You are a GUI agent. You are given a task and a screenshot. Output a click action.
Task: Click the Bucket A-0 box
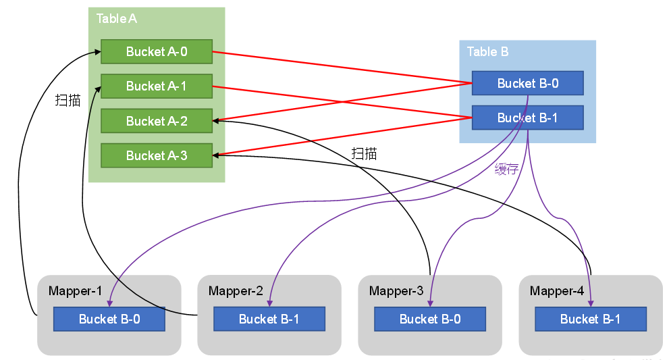pyautogui.click(x=157, y=51)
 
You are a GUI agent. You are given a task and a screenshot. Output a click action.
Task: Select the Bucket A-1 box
pyautogui.click(x=157, y=86)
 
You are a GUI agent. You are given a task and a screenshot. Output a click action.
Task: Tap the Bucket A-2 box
pyautogui.click(x=157, y=121)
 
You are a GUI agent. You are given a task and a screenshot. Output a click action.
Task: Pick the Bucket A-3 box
pyautogui.click(x=157, y=155)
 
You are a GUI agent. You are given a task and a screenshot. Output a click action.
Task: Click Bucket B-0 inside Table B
pyautogui.click(x=527, y=83)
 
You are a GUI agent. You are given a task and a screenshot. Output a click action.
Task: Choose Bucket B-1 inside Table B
pyautogui.click(x=527, y=118)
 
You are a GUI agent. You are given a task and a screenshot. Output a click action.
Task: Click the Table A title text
pyautogui.click(x=116, y=19)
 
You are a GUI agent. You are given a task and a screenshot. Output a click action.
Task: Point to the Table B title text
pyautogui.click(x=487, y=51)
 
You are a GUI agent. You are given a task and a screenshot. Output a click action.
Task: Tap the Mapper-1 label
pyautogui.click(x=75, y=291)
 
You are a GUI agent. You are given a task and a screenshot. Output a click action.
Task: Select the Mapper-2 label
pyautogui.click(x=236, y=291)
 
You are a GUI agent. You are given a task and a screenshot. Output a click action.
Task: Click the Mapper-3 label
pyautogui.click(x=396, y=291)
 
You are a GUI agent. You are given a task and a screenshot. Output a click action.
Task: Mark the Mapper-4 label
pyautogui.click(x=557, y=291)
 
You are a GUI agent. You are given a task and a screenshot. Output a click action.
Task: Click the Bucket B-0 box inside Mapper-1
pyautogui.click(x=109, y=319)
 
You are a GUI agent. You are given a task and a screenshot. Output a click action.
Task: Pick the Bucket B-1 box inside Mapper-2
pyautogui.click(x=269, y=319)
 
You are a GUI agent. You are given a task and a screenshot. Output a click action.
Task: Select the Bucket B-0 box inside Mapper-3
pyautogui.click(x=430, y=319)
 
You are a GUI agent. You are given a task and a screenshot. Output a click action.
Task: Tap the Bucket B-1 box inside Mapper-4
pyautogui.click(x=591, y=319)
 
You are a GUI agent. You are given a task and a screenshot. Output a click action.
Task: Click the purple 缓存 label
pyautogui.click(x=507, y=169)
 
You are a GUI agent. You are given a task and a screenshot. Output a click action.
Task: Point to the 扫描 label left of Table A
pyautogui.click(x=68, y=101)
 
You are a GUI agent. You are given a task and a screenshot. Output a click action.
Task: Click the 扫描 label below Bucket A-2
pyautogui.click(x=364, y=153)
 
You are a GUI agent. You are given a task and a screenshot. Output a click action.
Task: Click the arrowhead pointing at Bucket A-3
pyautogui.click(x=216, y=155)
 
